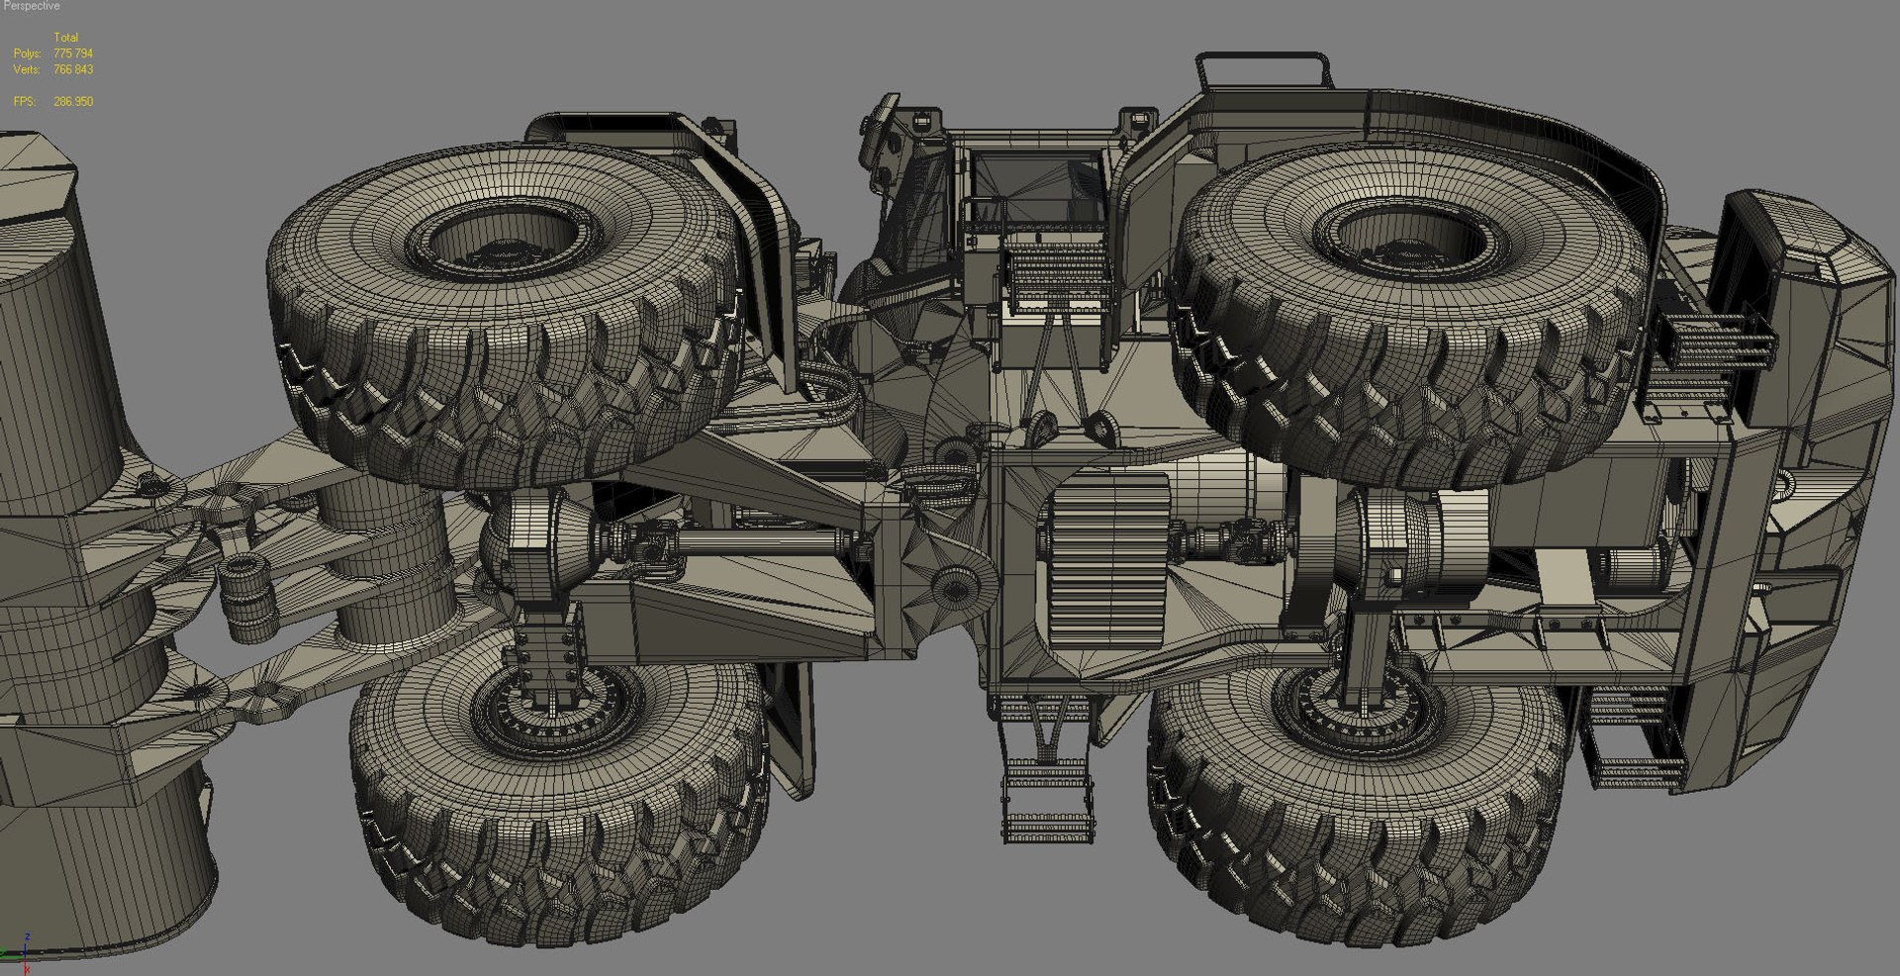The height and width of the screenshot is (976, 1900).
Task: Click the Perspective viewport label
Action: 32,6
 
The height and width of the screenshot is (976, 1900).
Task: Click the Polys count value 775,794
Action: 73,53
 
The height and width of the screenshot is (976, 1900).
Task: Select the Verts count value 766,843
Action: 73,70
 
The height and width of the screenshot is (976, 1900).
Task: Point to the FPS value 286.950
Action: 73,102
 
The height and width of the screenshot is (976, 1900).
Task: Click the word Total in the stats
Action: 65,38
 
